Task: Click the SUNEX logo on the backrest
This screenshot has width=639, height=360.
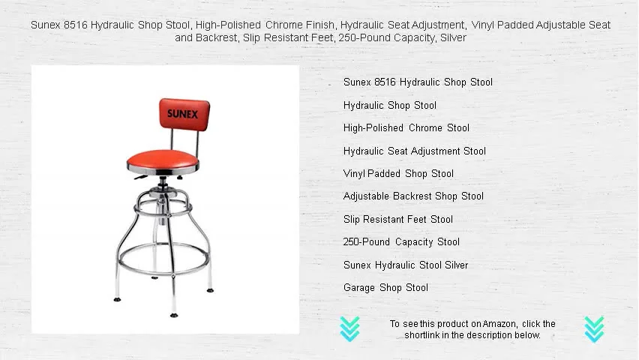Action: tap(183, 115)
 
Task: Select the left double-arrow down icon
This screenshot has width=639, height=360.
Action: tap(349, 328)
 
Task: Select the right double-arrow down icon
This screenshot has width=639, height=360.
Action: tap(594, 328)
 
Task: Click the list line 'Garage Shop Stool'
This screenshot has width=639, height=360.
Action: tap(385, 287)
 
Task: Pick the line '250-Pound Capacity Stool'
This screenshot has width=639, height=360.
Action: tap(401, 241)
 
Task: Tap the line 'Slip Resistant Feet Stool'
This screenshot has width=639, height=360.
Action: tap(398, 219)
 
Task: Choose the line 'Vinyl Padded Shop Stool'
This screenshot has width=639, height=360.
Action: tap(398, 173)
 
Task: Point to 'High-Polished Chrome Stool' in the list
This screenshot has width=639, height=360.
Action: tap(406, 127)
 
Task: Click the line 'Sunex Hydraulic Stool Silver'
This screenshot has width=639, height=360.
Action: tap(406, 265)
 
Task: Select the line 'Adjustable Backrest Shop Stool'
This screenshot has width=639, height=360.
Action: tap(413, 196)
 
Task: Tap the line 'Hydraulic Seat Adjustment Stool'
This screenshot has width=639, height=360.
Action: tap(415, 151)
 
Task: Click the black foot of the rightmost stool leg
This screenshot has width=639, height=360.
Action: tap(209, 289)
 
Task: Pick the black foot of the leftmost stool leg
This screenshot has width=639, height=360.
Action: tap(116, 298)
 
